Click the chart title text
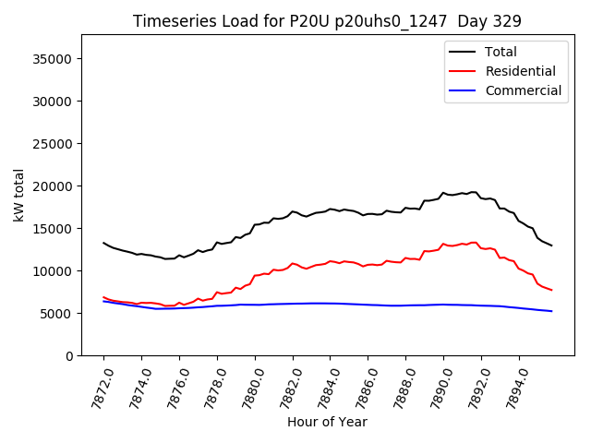(327, 21)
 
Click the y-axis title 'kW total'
(19, 195)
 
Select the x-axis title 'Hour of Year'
(327, 422)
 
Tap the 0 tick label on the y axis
(68, 356)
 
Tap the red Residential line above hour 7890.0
(443, 244)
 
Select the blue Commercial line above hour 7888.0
(405, 305)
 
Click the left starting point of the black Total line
(103, 243)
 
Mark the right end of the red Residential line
(551, 291)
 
